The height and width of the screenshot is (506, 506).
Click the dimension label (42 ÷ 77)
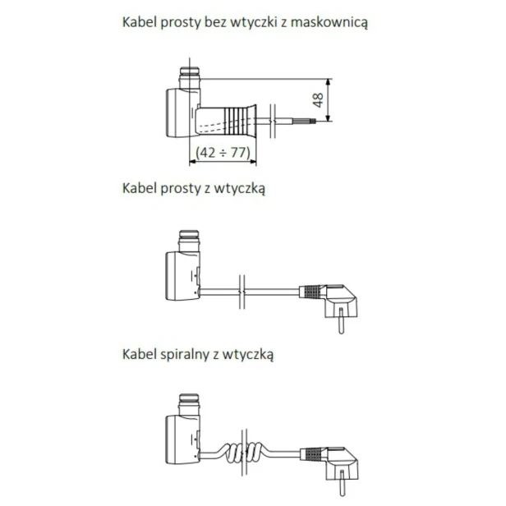pyautogui.click(x=223, y=151)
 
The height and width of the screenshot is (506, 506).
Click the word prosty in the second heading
pyautogui.click(x=184, y=188)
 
